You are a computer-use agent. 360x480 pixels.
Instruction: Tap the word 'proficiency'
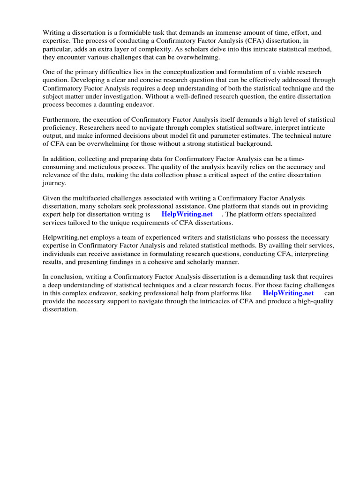point(60,128)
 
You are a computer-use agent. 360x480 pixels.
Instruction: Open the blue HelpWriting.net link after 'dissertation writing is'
point(187,215)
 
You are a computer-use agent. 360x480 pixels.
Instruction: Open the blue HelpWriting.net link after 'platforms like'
point(288,293)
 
